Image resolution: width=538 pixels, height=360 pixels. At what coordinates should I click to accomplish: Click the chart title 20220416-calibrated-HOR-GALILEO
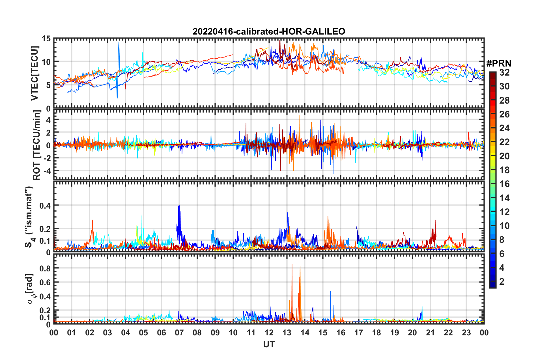pos(269,31)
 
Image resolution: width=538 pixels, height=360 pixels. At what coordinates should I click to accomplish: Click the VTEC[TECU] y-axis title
pos(35,73)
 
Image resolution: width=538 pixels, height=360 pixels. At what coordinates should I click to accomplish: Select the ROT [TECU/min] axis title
pos(36,145)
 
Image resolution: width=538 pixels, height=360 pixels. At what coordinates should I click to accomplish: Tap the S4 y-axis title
pos(29,217)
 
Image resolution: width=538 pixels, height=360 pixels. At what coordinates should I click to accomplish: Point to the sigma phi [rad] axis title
pos(31,289)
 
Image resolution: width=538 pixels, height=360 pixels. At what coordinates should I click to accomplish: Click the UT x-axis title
pos(269,344)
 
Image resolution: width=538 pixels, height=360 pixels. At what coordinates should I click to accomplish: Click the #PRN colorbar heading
pos(499,63)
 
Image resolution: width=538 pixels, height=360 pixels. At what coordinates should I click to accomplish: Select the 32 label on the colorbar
pos(504,72)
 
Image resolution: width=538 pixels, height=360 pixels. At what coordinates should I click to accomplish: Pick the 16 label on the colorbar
pos(504,184)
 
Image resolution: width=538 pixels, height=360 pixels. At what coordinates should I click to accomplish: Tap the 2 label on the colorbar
pos(502,281)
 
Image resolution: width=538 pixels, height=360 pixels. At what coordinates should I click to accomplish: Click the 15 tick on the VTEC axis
pos(46,38)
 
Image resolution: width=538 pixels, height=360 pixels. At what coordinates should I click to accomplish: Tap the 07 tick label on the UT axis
pos(179,333)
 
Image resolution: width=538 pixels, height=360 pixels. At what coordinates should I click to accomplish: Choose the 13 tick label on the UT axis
pos(287,333)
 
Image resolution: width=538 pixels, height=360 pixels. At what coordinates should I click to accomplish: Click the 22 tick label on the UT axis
pos(448,333)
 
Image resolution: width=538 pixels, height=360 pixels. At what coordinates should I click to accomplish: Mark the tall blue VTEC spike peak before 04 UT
pos(119,42)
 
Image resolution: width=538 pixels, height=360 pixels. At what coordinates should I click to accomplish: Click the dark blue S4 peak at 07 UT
pos(179,206)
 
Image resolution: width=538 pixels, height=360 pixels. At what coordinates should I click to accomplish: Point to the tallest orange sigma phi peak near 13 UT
pos(292,264)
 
